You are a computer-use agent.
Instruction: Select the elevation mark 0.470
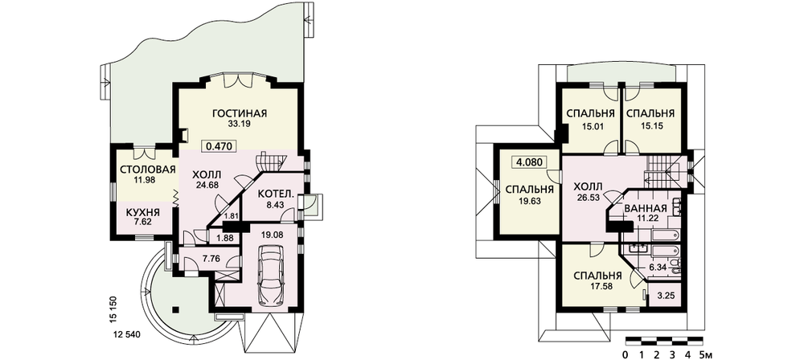219,146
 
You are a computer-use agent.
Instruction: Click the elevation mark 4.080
530,162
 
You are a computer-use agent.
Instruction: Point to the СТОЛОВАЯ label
148,170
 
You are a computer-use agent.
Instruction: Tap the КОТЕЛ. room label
276,195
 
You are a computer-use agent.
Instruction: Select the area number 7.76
211,259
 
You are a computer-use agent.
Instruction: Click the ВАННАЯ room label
645,209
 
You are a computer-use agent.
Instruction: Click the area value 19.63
530,201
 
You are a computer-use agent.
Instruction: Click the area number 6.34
658,268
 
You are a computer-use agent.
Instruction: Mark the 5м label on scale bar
707,355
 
